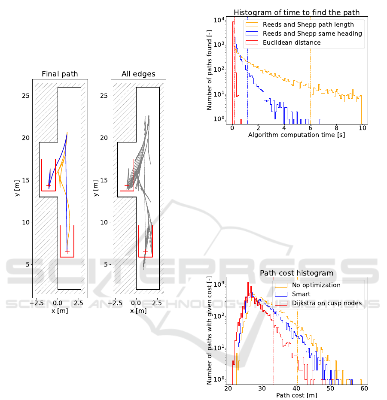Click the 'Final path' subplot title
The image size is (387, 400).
point(60,74)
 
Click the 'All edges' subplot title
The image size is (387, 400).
point(138,74)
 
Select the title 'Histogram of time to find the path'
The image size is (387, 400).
point(297,12)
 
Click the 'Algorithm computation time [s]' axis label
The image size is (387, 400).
point(297,135)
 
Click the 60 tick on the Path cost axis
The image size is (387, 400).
point(364,388)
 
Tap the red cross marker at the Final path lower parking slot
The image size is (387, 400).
point(67,252)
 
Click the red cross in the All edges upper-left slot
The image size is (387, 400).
point(127,185)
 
